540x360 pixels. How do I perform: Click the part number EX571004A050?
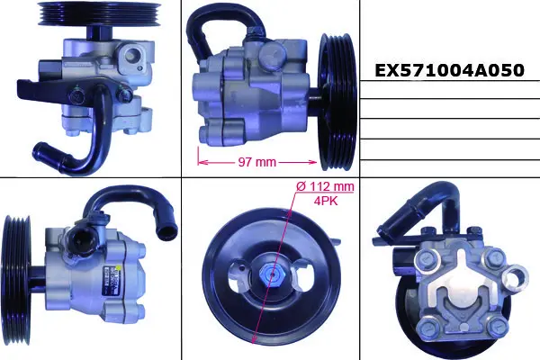tap(449, 70)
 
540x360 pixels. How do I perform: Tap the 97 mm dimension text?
tap(256, 162)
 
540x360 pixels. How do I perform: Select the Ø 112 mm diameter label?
tap(325, 186)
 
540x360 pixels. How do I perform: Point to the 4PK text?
tap(326, 201)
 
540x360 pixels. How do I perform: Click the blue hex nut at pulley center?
tap(272, 274)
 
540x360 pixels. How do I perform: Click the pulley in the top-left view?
tap(99, 13)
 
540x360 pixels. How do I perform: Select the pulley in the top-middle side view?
tap(337, 102)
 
